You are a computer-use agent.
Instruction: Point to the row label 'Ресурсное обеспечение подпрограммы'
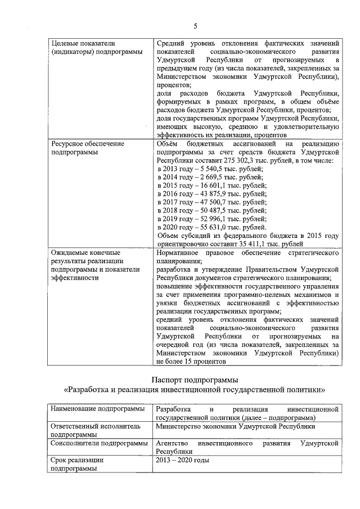pos(87,148)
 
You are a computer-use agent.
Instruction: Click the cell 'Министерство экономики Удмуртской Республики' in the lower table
pos(235,426)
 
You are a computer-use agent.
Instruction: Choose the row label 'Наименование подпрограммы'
pos(98,409)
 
